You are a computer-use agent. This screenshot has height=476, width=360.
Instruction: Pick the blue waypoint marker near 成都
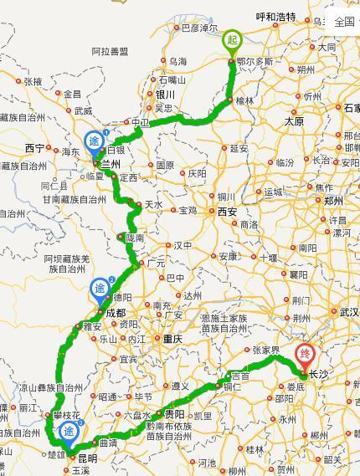coord(101,290)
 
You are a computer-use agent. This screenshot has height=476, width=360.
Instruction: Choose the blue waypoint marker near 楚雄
coord(69,432)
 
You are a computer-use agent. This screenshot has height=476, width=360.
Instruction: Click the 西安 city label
coord(227,213)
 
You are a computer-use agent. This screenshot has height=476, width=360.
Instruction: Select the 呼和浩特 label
coord(275,16)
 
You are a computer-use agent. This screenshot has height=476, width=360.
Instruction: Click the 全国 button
coord(343,22)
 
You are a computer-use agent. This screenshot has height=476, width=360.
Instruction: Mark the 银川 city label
coord(164,95)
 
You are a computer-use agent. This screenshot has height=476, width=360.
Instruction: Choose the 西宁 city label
coord(34,148)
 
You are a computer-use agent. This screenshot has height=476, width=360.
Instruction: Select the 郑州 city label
coord(334,201)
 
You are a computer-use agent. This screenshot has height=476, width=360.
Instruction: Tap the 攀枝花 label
coord(65,416)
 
